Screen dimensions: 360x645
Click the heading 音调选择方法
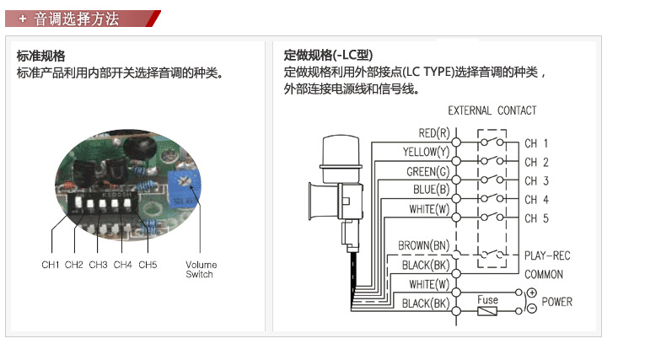point(77,19)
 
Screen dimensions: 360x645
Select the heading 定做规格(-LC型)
point(328,56)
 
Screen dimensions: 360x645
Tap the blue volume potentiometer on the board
point(183,187)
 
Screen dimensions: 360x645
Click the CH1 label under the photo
point(51,265)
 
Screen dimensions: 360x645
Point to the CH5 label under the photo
point(148,265)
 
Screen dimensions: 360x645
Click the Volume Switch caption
point(200,269)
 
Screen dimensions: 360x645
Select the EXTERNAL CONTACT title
point(492,110)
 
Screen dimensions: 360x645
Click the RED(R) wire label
point(434,133)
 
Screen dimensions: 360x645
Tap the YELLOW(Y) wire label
point(427,153)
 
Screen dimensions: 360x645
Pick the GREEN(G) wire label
point(429,172)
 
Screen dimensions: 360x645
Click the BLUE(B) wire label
point(432,190)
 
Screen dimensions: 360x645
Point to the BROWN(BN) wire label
point(424,246)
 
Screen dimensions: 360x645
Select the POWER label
point(556,301)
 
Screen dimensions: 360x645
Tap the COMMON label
point(544,274)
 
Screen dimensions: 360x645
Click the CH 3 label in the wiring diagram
point(536,181)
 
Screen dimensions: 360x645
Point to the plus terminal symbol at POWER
point(531,293)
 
